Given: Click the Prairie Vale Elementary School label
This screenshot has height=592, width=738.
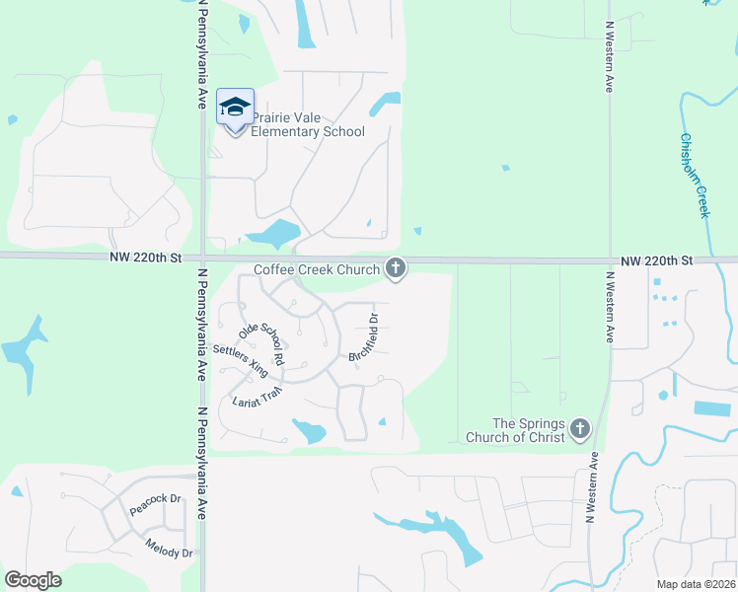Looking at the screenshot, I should click(308, 124).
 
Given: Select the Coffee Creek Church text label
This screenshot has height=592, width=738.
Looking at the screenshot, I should click(316, 269).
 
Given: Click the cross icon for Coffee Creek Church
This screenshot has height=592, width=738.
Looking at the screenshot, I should click(396, 267).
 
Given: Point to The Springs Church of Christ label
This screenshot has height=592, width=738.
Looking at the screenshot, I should click(514, 430).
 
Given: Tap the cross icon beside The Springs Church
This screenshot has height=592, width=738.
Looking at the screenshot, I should click(579, 429).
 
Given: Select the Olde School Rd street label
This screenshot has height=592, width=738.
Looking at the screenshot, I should click(261, 344).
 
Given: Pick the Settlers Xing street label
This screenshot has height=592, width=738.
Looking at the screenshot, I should click(241, 361).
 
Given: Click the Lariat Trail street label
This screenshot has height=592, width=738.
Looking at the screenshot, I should click(258, 397).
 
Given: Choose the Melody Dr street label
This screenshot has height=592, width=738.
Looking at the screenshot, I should click(169, 550).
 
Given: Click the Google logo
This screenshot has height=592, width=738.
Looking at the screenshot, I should click(33, 580).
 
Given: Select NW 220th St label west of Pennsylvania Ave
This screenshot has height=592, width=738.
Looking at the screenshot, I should click(147, 258).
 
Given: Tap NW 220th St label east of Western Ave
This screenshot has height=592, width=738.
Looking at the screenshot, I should click(657, 260).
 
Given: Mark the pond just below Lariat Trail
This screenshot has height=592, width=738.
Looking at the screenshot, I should click(309, 430).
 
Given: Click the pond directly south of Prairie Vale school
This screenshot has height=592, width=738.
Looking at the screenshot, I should click(273, 234).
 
